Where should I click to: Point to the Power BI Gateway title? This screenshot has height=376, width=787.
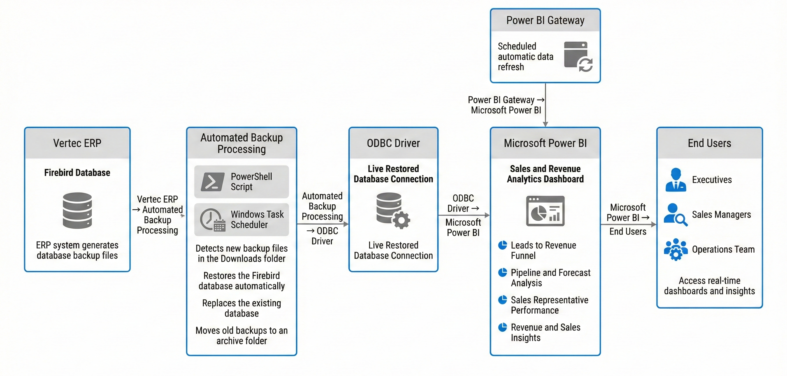[545, 20]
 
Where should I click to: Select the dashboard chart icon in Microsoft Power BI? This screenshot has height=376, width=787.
[545, 211]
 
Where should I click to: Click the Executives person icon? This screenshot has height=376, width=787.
[676, 180]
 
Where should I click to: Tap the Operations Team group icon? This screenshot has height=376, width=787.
[676, 249]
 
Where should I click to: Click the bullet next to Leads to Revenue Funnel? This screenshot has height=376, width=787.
[502, 245]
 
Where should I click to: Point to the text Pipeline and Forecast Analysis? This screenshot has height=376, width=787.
[550, 278]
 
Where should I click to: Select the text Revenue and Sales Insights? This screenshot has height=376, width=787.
[545, 332]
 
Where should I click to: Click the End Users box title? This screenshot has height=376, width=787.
[709, 143]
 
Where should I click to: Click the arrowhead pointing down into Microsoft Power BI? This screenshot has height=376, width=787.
[545, 124]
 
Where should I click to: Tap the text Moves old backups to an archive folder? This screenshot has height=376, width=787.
[241, 335]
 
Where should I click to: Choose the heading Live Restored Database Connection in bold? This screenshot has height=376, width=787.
[393, 174]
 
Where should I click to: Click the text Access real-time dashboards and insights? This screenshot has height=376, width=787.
[709, 285]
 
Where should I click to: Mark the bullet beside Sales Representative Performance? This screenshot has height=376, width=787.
[502, 300]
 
